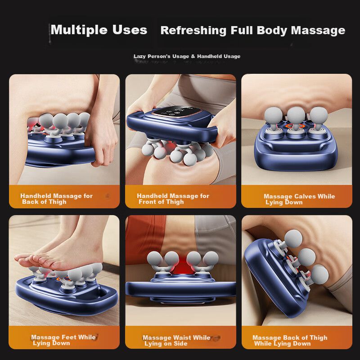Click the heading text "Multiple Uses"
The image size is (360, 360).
tap(99, 30)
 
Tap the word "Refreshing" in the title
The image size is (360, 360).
tap(193, 30)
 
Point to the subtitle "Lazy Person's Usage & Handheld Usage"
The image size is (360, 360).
tap(187, 56)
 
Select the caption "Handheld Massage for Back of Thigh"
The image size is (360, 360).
tap(57, 199)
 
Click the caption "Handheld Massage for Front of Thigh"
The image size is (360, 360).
tap(173, 199)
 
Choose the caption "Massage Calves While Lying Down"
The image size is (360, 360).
tap(299, 199)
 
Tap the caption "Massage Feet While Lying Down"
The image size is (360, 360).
tap(63, 340)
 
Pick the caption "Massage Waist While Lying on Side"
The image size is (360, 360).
tap(176, 341)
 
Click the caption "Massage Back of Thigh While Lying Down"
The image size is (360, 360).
tap(290, 341)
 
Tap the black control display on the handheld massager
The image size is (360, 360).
tap(176, 111)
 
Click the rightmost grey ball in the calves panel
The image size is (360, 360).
tap(319, 115)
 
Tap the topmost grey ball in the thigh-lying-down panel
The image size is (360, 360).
tap(293, 239)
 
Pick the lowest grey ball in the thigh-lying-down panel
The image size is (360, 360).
tap(319, 274)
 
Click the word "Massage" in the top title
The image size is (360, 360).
tap(318, 31)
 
